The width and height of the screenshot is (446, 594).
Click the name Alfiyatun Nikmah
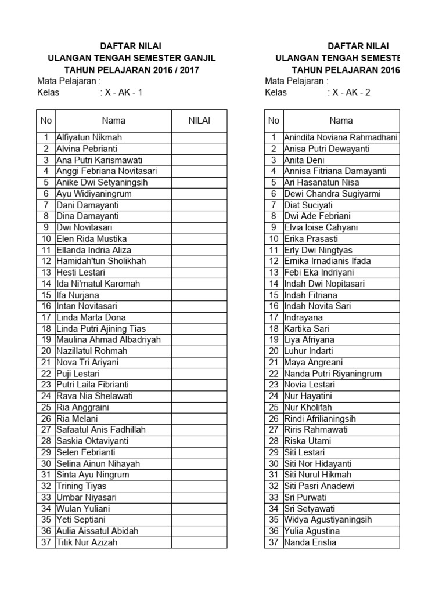pos(89,137)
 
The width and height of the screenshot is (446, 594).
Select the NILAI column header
pos(199,121)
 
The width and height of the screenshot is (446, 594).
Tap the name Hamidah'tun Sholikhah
pos(101,261)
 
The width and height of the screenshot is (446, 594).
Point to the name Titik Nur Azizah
pos(87,542)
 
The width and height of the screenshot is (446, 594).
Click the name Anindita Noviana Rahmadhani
pos(340,137)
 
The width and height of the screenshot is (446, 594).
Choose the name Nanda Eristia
pos(310,542)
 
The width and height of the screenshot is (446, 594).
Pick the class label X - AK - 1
pos(123,92)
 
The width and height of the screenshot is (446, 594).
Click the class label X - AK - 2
pos(351,92)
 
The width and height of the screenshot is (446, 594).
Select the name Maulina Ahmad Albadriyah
pos(108,340)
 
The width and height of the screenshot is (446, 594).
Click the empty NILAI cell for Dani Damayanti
pos(199,205)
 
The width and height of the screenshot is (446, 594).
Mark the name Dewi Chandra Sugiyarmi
pos(325,194)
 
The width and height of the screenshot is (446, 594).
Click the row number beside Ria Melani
pos(46,419)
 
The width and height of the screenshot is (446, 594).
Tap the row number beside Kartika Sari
pos(274,328)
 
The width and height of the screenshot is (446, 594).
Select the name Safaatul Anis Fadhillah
pos(101,430)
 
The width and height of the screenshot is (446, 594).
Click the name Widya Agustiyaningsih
pos(328,520)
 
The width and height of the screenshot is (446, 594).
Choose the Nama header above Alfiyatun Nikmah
pos(113,121)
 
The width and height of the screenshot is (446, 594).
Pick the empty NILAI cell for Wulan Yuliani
pos(199,509)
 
